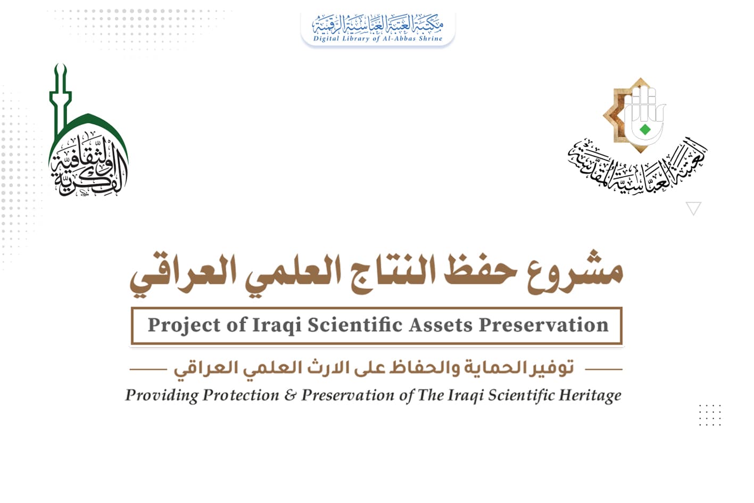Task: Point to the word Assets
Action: point(438,325)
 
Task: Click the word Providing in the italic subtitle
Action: point(161,395)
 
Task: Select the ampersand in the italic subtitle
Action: point(291,395)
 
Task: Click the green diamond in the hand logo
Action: point(645,129)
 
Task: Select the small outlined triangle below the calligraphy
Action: point(693,208)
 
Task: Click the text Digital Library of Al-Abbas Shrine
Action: point(378,38)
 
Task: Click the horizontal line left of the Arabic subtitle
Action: point(148,368)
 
